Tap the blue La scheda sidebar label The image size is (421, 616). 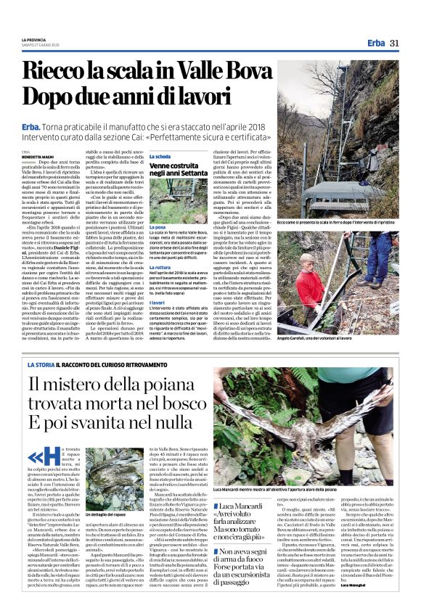pyautogui.click(x=160, y=157)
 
